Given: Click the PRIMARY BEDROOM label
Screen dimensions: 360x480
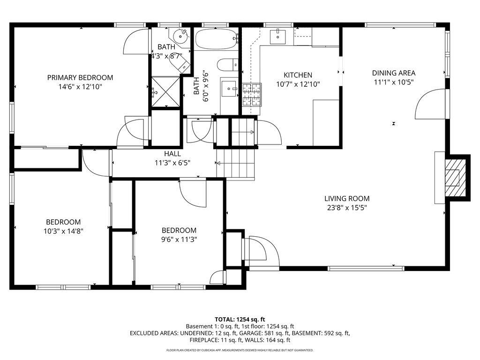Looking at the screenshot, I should pyautogui.click(x=80, y=77).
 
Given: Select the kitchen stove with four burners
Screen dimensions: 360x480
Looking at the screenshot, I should pyautogui.click(x=251, y=95).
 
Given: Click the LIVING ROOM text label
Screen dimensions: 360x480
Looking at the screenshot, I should pyautogui.click(x=347, y=198).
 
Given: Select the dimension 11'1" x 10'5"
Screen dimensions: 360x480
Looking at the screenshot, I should pyautogui.click(x=394, y=82).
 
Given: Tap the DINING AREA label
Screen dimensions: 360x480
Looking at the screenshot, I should pyautogui.click(x=394, y=73).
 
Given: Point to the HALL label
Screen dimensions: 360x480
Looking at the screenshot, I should pyautogui.click(x=172, y=154).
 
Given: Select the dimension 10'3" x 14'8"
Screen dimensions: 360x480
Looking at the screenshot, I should pyautogui.click(x=63, y=231).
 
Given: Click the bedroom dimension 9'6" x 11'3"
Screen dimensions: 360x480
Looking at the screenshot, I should pyautogui.click(x=179, y=239).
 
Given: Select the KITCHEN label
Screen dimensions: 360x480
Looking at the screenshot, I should pyautogui.click(x=298, y=75).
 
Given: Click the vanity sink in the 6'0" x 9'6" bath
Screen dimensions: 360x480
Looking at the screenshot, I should pyautogui.click(x=229, y=87).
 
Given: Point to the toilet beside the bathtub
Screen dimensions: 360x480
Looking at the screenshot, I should pyautogui.click(x=229, y=64).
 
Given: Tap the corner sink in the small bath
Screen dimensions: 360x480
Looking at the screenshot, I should pyautogui.click(x=179, y=35).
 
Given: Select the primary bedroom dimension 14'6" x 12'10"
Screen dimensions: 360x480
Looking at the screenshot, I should pyautogui.click(x=80, y=87).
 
